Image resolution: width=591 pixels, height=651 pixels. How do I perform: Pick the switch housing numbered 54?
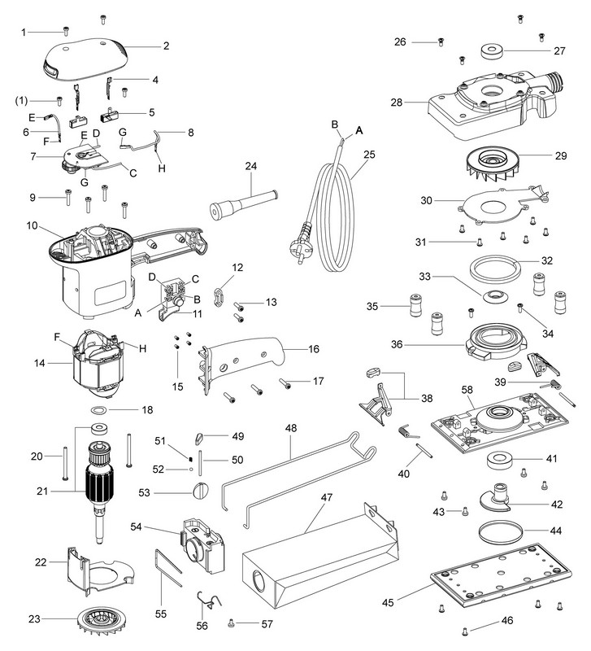(x=201, y=539)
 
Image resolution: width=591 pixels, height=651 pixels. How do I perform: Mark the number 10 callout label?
(x=32, y=225)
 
